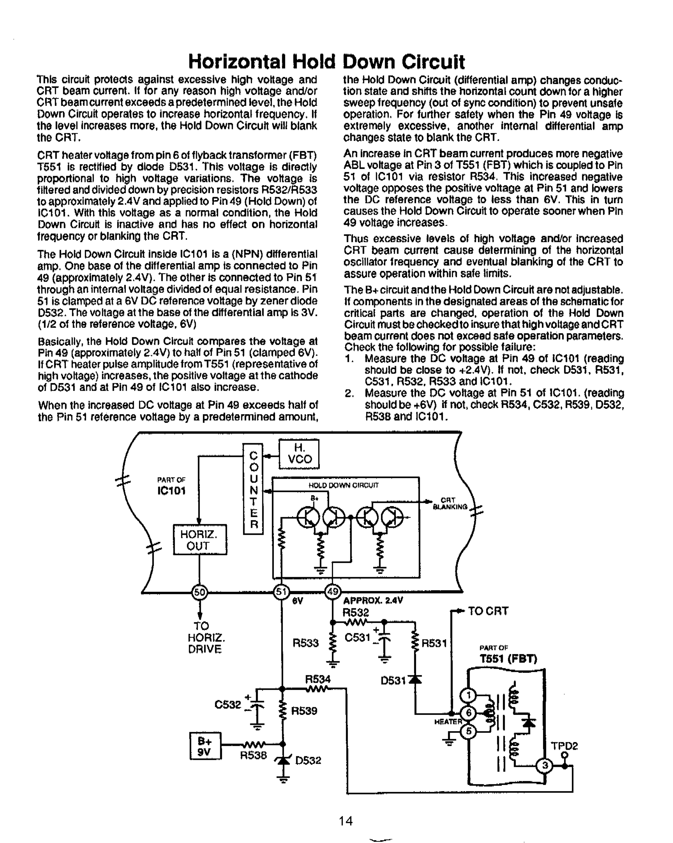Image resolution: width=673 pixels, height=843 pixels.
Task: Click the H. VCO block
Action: tap(299, 454)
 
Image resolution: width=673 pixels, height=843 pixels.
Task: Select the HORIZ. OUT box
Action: tap(200, 540)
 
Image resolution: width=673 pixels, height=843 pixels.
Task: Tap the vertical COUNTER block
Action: tap(253, 489)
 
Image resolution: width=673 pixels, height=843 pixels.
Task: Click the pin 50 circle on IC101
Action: tap(199, 592)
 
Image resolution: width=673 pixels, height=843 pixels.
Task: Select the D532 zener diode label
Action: tap(308, 760)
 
